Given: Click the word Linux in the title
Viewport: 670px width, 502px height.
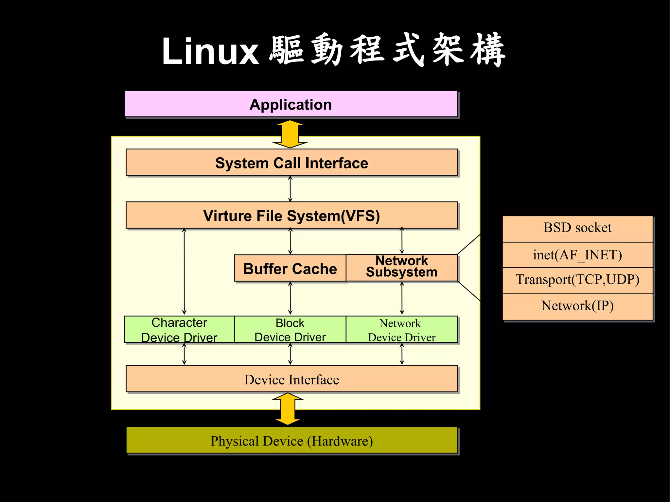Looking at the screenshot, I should pos(210,52).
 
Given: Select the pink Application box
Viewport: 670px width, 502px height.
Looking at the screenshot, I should pos(291,104).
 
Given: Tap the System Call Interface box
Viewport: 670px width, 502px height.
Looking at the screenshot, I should pos(291,163).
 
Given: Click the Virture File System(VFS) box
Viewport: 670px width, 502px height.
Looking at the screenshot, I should pos(291,216).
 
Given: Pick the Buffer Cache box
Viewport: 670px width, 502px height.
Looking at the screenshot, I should pos(290,268).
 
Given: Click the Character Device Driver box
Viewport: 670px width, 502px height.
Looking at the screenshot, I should pos(179,330).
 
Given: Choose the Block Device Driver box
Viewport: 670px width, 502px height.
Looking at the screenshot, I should pos(290,330).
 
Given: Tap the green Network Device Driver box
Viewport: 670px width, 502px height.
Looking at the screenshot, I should pos(401,330).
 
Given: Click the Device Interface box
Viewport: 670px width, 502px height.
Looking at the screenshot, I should pos(291,379).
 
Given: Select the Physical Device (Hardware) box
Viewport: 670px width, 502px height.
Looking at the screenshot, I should pos(291,441).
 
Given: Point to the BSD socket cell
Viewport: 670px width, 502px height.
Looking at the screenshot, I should pos(577,228).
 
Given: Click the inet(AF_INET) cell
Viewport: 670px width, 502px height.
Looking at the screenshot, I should pos(577,255).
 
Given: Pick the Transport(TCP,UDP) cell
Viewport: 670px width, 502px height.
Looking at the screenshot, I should pos(577,280).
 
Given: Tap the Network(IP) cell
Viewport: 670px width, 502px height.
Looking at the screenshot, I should pos(577,306).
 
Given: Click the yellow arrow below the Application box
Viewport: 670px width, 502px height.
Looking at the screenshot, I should pos(290,134).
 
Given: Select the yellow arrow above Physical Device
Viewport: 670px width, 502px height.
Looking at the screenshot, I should pos(288,409).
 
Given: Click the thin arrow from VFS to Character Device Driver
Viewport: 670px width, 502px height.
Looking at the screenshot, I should pos(184,271).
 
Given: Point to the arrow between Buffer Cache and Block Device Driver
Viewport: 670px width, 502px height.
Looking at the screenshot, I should pos(290,298).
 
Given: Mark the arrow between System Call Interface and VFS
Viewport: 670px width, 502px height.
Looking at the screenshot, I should pos(290,189).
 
